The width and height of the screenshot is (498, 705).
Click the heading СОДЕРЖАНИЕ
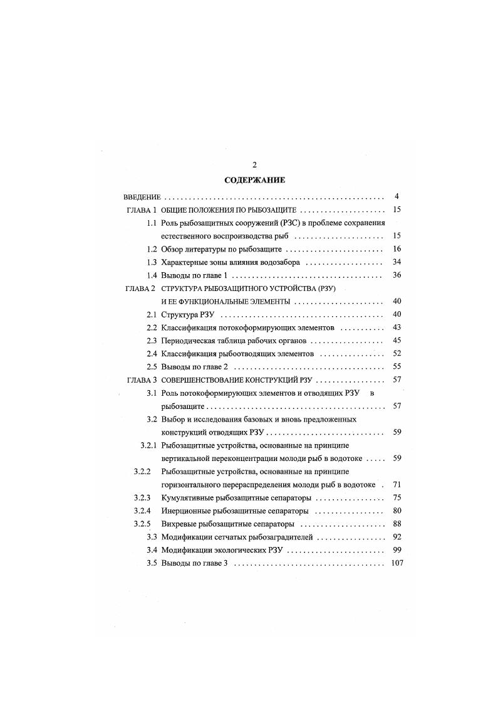(254, 180)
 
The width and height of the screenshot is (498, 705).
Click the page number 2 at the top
(254, 165)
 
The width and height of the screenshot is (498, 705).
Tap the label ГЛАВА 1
(141, 209)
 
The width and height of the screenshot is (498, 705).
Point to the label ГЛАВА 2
(141, 289)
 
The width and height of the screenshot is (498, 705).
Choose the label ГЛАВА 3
(141, 380)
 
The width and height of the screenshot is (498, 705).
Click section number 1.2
(151, 249)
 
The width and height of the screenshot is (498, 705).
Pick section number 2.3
(151, 341)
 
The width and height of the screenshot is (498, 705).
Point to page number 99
(397, 550)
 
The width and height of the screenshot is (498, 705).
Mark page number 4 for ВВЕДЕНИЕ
(397, 196)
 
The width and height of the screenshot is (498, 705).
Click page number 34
(397, 262)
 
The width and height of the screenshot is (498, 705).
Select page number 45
(397, 341)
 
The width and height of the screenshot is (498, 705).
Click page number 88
(397, 524)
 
